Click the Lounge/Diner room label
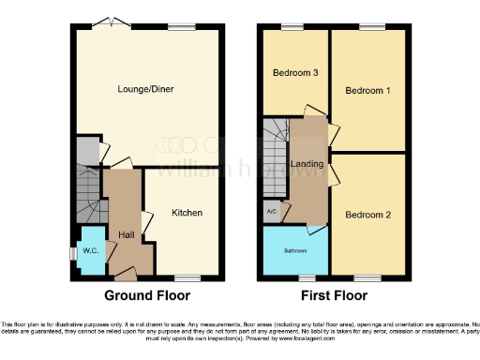pos(145,89)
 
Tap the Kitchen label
pos(187,213)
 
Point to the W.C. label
pos(91,250)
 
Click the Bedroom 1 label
pos(367,91)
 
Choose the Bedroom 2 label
pos(367,214)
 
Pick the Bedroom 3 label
pos(294,72)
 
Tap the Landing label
pos(307,164)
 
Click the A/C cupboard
pos(272,211)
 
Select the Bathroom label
pos(294,251)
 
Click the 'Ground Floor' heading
pos(145,294)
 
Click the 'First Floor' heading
pos(334,294)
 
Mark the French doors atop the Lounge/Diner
pos(112,23)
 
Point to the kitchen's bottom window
pos(187,277)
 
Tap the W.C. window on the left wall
pos(73,252)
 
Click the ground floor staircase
pos(87,198)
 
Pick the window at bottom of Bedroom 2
pos(367,277)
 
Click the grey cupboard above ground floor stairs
pos(86,151)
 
